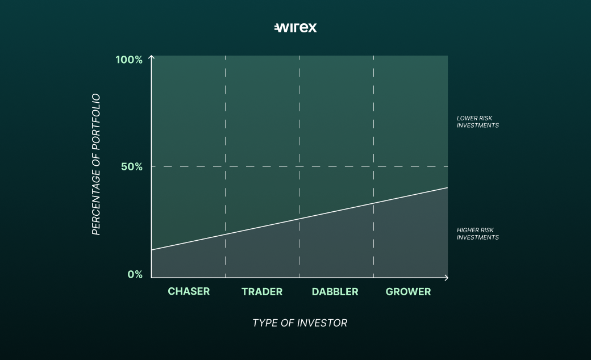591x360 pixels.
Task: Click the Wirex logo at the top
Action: [x=295, y=27]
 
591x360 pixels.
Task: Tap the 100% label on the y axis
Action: [x=129, y=60]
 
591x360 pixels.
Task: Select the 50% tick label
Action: [x=132, y=167]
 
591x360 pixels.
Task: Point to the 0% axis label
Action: [x=135, y=274]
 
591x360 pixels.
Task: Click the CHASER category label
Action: [x=189, y=291]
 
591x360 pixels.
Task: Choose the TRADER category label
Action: [x=262, y=292]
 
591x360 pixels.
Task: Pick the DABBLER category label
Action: [x=335, y=292]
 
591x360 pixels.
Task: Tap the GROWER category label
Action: [x=408, y=292]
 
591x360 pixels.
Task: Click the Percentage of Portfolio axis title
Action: [x=96, y=164]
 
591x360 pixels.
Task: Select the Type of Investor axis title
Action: [x=299, y=323]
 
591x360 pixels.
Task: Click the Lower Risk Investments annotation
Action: [x=477, y=122]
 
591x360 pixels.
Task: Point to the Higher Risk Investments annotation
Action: [x=477, y=234]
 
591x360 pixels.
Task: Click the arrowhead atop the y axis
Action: [x=152, y=57]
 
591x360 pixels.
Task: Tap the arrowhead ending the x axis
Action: [x=447, y=278]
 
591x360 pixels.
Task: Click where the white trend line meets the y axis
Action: [x=152, y=250]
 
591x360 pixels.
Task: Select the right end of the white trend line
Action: [x=448, y=187]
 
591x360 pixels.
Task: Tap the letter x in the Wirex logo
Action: [x=312, y=28]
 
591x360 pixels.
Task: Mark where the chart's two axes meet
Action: [x=152, y=278]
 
